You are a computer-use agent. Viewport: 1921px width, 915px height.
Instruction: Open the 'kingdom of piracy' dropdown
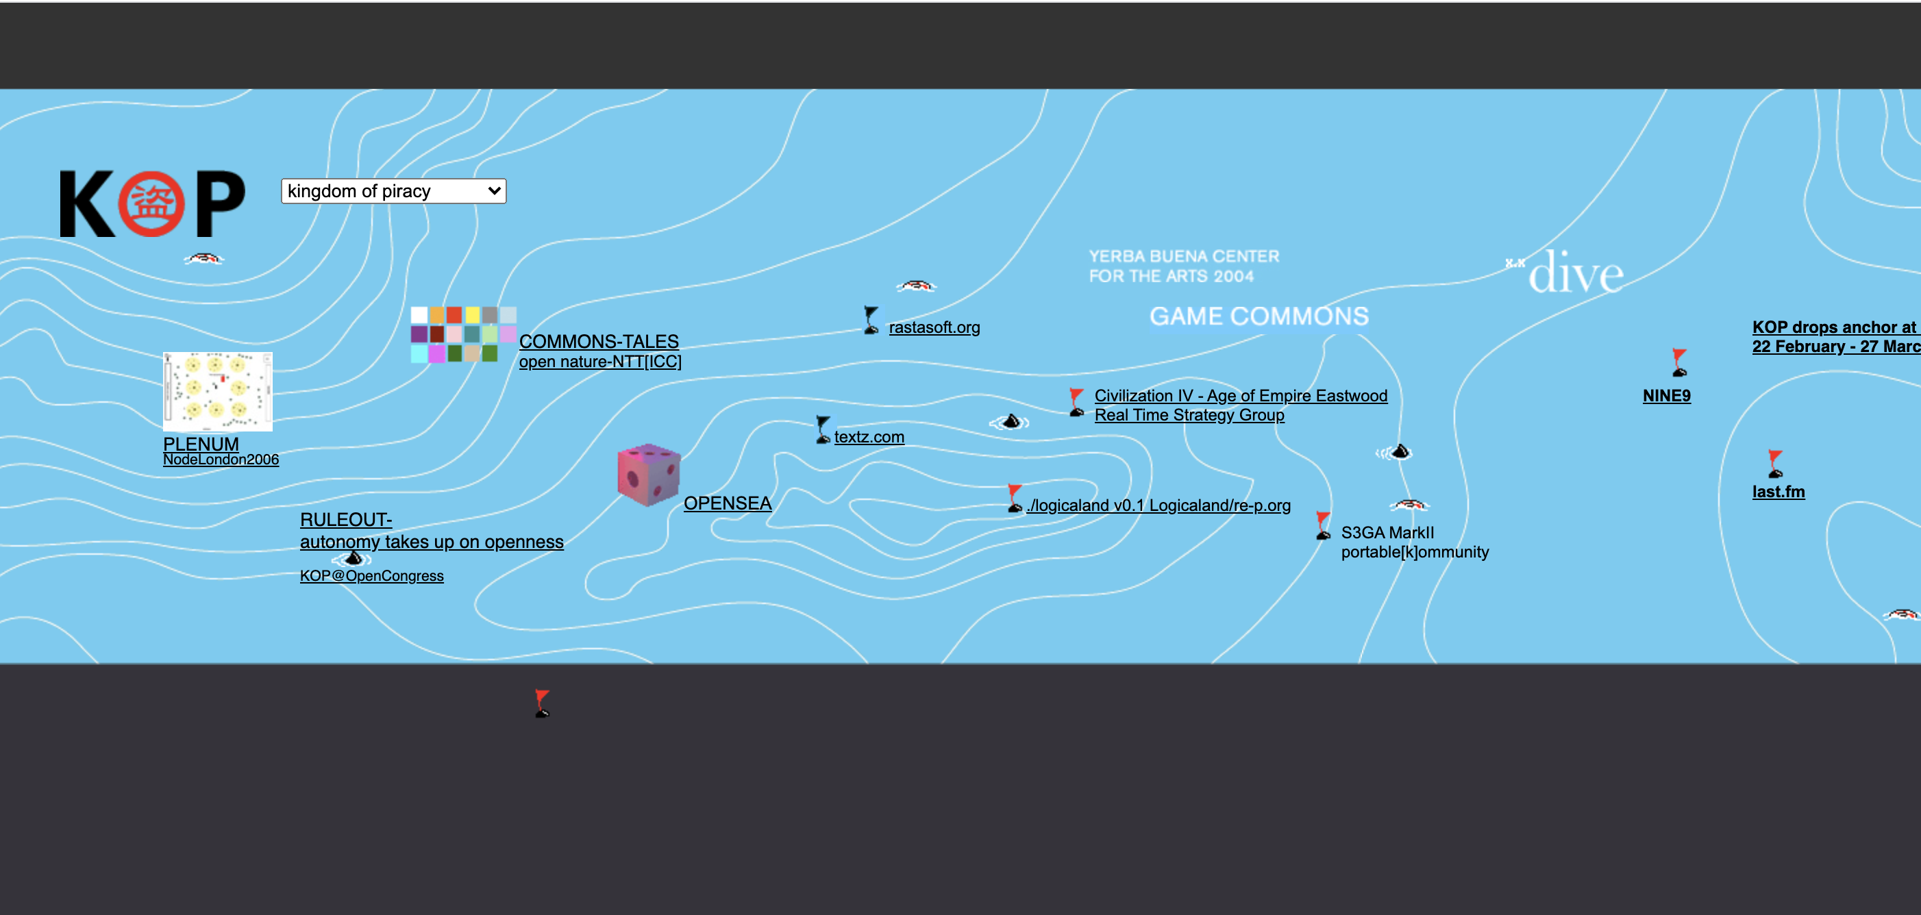click(393, 191)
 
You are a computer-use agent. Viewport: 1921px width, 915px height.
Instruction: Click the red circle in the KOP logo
click(152, 203)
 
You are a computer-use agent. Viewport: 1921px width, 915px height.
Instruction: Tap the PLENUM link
click(201, 444)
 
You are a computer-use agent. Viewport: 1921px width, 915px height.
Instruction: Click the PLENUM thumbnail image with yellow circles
click(218, 392)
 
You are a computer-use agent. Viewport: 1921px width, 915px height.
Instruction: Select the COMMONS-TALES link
click(599, 342)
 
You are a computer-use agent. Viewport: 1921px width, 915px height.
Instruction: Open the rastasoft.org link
click(934, 327)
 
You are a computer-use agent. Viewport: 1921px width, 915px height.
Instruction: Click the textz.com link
click(869, 437)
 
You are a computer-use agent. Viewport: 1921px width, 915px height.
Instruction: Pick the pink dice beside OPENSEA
click(649, 475)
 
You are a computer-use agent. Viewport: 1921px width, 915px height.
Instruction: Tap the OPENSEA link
click(727, 503)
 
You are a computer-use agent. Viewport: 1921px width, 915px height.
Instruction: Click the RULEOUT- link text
click(346, 520)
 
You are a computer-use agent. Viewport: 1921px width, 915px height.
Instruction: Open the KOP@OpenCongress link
click(371, 576)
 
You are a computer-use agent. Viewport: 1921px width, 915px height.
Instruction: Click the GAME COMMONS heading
click(1259, 316)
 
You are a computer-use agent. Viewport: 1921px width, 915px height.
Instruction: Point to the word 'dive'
click(1576, 273)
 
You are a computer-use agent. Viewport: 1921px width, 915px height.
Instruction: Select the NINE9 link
click(1667, 396)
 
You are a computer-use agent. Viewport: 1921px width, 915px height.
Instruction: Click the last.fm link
click(1779, 492)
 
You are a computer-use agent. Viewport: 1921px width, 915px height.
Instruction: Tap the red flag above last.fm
click(1775, 464)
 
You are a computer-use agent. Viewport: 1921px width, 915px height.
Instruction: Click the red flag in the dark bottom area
click(542, 703)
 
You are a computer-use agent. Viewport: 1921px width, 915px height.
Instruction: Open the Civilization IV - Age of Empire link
click(1241, 396)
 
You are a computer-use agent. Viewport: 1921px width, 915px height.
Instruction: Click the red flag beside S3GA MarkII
click(1323, 525)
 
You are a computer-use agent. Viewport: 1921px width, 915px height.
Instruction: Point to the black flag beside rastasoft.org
click(871, 320)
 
